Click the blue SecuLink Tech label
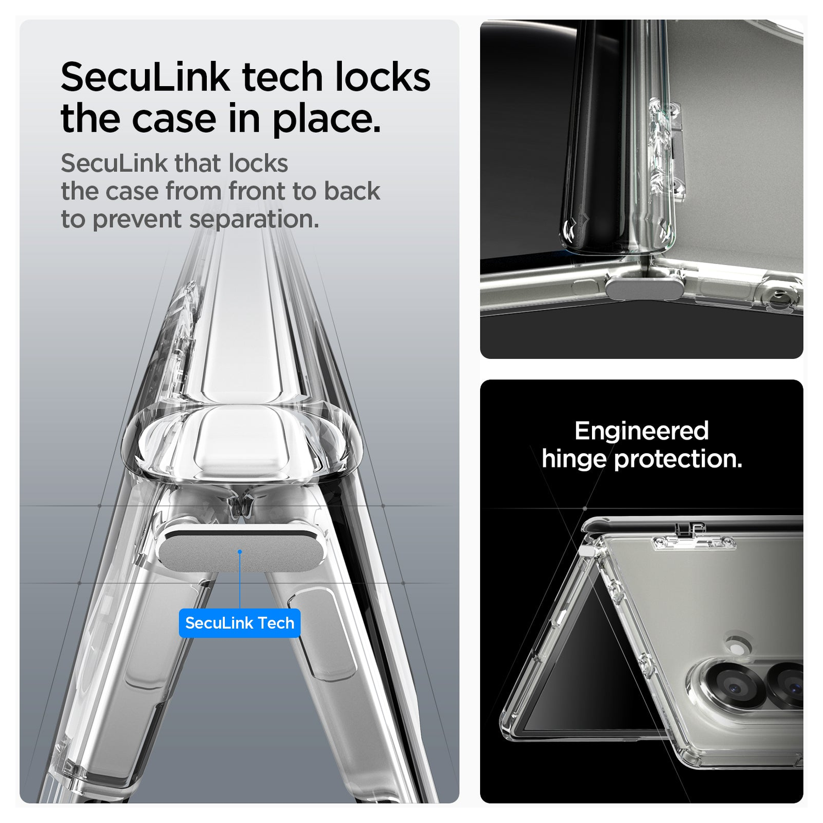point(240,623)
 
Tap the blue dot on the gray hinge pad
point(240,551)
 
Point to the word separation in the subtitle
point(254,219)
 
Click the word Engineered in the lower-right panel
point(641,431)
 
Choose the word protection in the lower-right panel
point(678,459)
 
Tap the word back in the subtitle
point(352,191)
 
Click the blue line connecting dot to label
point(240,580)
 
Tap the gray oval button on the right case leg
point(324,634)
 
